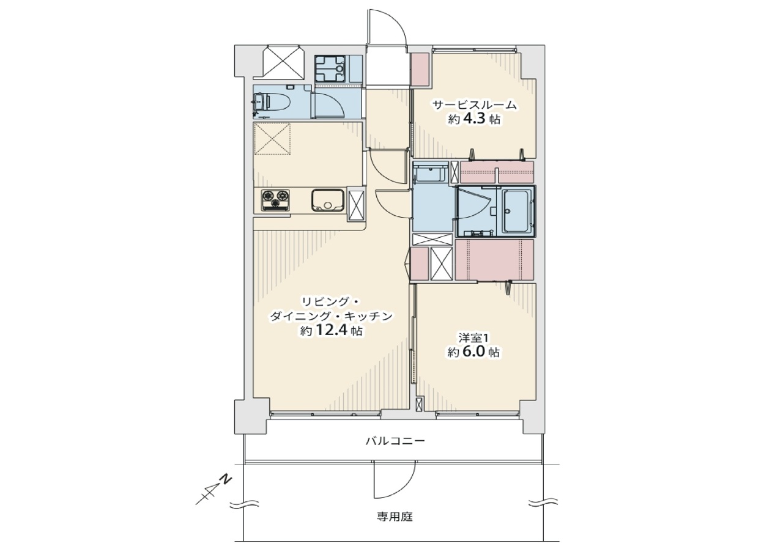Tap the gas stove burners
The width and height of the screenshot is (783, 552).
click(276, 200)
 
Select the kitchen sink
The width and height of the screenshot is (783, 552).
click(327, 200)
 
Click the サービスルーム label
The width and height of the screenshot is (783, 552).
click(474, 105)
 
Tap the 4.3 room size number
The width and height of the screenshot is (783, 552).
click(474, 119)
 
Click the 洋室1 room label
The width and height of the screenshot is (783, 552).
click(473, 338)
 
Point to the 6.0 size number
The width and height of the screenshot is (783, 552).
click(473, 352)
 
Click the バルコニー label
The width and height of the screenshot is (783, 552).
click(395, 441)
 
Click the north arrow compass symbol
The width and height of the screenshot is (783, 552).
click(213, 490)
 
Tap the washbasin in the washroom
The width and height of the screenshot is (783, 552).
click(429, 173)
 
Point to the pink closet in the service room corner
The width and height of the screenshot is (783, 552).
click(420, 70)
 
